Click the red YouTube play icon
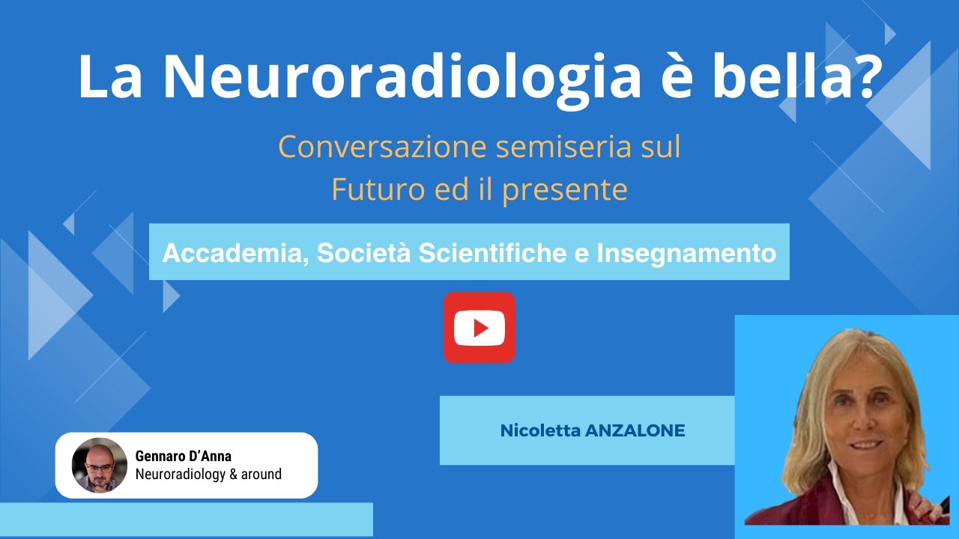[479, 328]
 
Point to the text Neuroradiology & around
[208, 474]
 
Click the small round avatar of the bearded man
[100, 465]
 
